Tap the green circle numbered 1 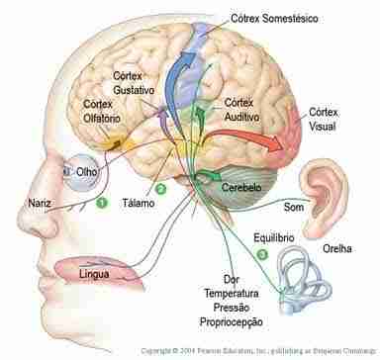tap(100, 204)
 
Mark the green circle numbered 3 tap(261, 254)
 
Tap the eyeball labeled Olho tap(69, 169)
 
